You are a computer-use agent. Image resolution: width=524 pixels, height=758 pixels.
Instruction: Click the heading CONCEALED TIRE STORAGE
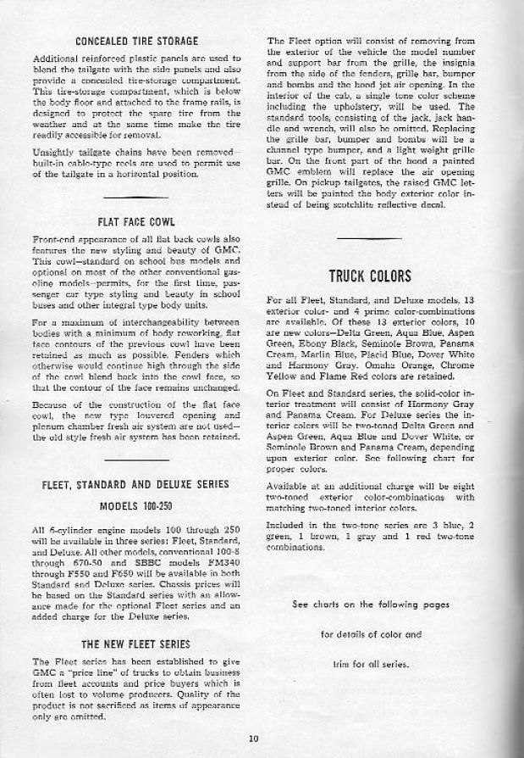136,41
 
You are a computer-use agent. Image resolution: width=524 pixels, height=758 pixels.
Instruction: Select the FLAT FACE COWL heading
136,222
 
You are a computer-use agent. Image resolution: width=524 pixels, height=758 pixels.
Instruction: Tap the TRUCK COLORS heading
369,276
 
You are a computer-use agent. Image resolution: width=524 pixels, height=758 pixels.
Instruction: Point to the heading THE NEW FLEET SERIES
135,644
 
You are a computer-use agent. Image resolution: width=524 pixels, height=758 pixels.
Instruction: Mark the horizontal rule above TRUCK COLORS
369,239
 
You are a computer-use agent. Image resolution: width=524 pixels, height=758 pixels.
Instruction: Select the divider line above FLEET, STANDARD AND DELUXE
136,460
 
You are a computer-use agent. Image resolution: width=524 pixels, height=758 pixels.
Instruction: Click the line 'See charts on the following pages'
369,605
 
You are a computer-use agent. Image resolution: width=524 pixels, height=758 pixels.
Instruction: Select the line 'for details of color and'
370,633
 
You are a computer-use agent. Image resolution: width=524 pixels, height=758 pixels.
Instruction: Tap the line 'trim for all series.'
370,664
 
